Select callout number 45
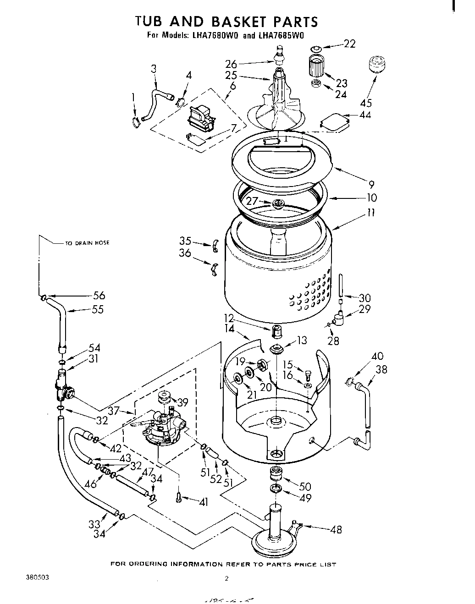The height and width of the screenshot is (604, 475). (x=366, y=103)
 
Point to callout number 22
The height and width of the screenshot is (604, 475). (x=349, y=44)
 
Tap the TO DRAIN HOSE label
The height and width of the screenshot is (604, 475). (x=87, y=243)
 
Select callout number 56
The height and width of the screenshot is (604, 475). (x=99, y=296)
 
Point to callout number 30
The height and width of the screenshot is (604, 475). (x=365, y=297)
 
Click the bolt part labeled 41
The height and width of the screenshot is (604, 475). (x=179, y=497)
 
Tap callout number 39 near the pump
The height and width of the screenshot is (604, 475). (x=182, y=402)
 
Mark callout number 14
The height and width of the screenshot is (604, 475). (x=230, y=329)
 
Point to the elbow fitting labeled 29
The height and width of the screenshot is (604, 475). (x=340, y=318)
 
